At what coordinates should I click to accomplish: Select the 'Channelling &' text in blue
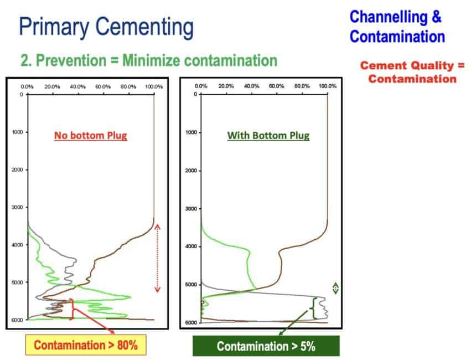point(396,17)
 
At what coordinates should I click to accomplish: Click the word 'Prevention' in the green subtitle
point(71,60)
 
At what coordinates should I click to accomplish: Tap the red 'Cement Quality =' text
point(412,65)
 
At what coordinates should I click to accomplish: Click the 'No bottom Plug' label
point(91,136)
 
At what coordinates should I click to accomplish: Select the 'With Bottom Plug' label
point(268,136)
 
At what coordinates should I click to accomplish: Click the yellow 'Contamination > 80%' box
point(86,345)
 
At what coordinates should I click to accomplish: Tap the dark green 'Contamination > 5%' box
point(266,346)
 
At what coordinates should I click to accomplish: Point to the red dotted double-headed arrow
point(157,259)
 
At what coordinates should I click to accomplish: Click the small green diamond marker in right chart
point(336,289)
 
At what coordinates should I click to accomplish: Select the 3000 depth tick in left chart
point(17,207)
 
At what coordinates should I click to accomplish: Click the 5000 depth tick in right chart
point(191,284)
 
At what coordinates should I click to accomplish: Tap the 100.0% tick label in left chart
point(154,87)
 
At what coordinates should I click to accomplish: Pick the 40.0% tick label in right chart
point(251,86)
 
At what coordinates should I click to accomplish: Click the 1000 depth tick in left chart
point(17,132)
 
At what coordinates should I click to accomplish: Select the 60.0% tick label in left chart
point(103,87)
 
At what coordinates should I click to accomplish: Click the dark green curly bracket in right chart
point(313,308)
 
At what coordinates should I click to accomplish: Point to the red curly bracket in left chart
point(72,309)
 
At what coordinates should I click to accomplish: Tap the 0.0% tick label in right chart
point(201,86)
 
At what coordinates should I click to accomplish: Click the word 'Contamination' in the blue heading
point(397,37)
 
